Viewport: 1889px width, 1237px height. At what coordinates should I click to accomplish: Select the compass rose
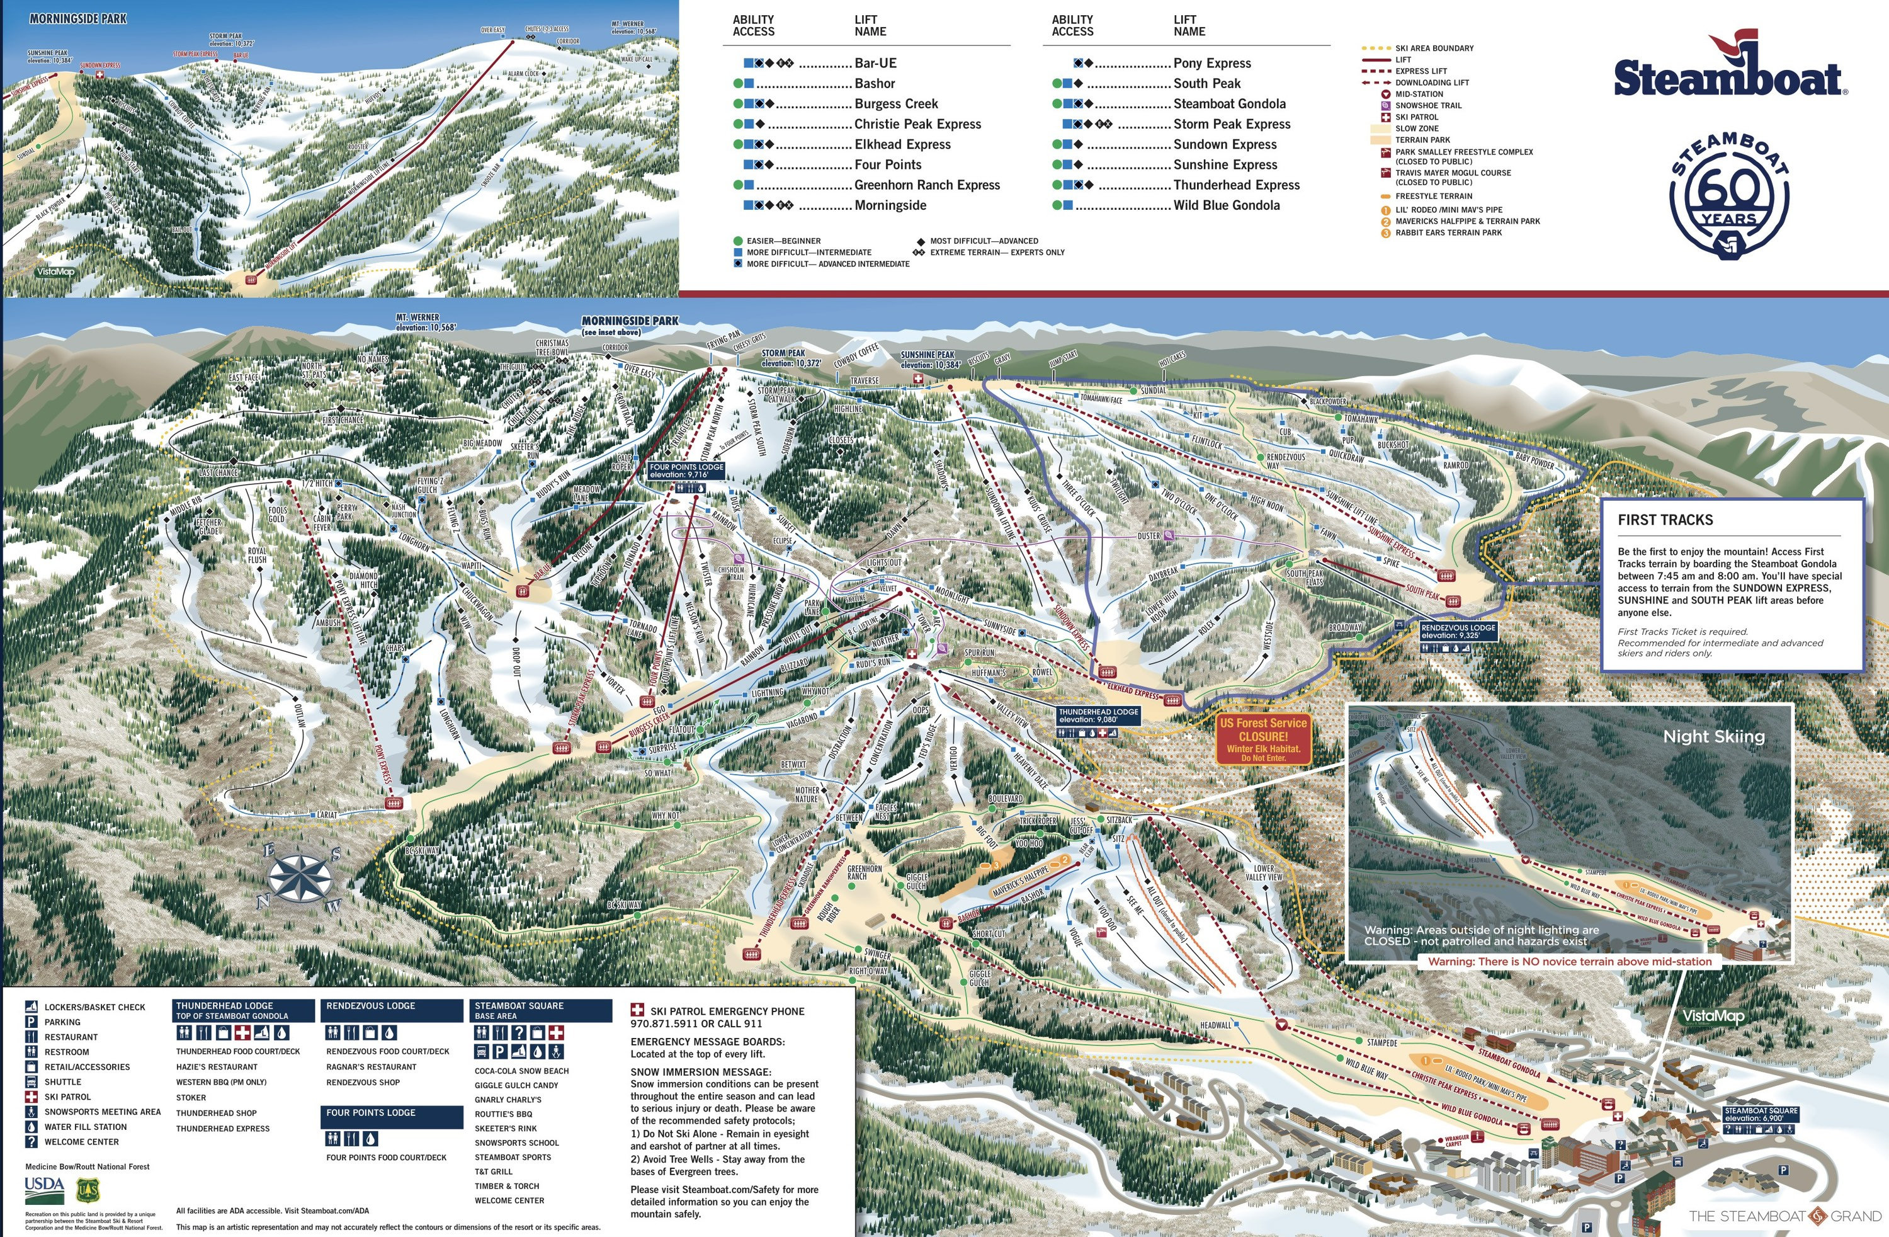click(x=299, y=877)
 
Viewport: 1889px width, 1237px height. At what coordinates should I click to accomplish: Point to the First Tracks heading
click(x=1665, y=520)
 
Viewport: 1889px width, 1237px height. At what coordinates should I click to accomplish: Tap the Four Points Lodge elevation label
click(x=686, y=471)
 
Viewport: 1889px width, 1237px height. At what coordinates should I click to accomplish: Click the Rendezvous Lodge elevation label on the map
click(x=1458, y=631)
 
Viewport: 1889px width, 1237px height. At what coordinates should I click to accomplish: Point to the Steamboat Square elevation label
click(x=1761, y=1114)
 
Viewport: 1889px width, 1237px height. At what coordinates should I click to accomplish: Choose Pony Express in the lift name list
click(x=1212, y=64)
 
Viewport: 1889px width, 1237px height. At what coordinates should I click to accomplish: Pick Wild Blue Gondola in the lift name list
click(x=1226, y=205)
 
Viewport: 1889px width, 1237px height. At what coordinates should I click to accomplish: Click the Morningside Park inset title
click(x=78, y=19)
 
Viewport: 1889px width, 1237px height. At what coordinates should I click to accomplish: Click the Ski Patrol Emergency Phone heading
click(x=726, y=1012)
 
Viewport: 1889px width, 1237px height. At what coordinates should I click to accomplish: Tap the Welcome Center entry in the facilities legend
click(x=81, y=1142)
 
